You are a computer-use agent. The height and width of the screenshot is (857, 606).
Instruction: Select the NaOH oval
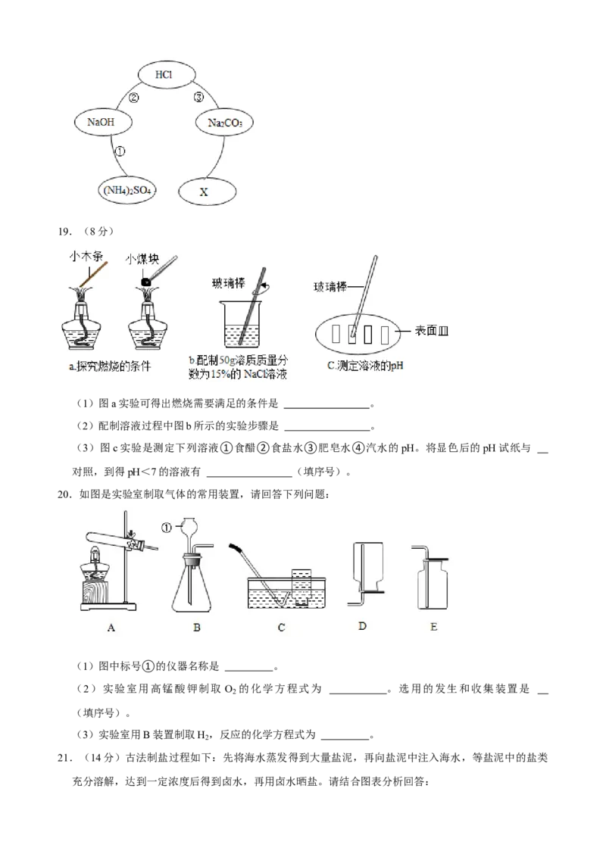click(105, 122)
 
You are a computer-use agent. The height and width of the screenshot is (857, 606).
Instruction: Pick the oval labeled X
click(203, 192)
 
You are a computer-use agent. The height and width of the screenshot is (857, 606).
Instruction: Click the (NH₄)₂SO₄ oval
click(126, 192)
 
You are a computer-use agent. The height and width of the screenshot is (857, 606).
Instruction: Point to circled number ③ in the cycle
click(199, 98)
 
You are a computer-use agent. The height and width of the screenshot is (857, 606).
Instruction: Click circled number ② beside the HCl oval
click(134, 98)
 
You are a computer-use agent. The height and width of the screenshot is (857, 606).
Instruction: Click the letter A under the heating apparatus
click(111, 628)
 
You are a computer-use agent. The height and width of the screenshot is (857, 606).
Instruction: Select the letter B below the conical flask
click(197, 628)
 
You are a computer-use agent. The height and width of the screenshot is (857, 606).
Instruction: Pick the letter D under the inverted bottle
click(362, 628)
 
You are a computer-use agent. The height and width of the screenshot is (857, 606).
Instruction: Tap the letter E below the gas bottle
click(434, 628)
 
